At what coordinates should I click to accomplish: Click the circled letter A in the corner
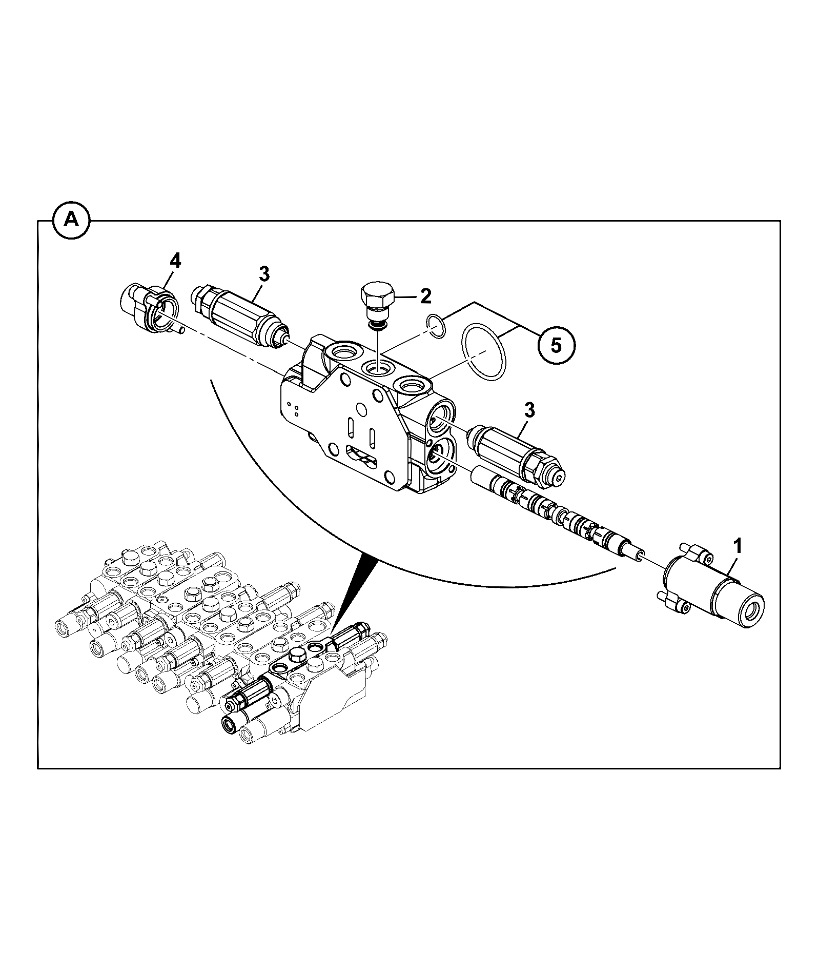(x=71, y=221)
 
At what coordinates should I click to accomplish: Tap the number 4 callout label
(x=175, y=261)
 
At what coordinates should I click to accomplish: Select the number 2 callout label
(x=426, y=295)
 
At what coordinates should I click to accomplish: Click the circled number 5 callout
(x=556, y=345)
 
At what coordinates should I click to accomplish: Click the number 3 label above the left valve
(x=263, y=274)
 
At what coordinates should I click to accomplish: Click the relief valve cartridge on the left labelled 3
(x=240, y=314)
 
